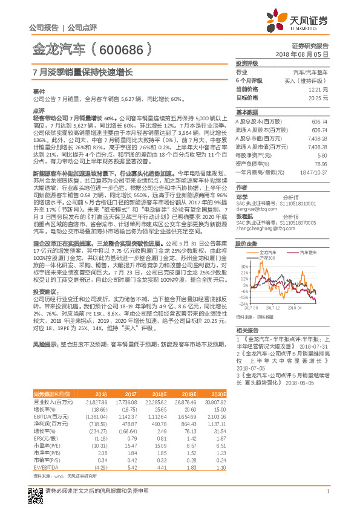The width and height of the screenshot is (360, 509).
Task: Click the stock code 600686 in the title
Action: coord(125,48)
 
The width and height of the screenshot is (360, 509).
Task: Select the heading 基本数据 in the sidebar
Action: coord(246,112)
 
